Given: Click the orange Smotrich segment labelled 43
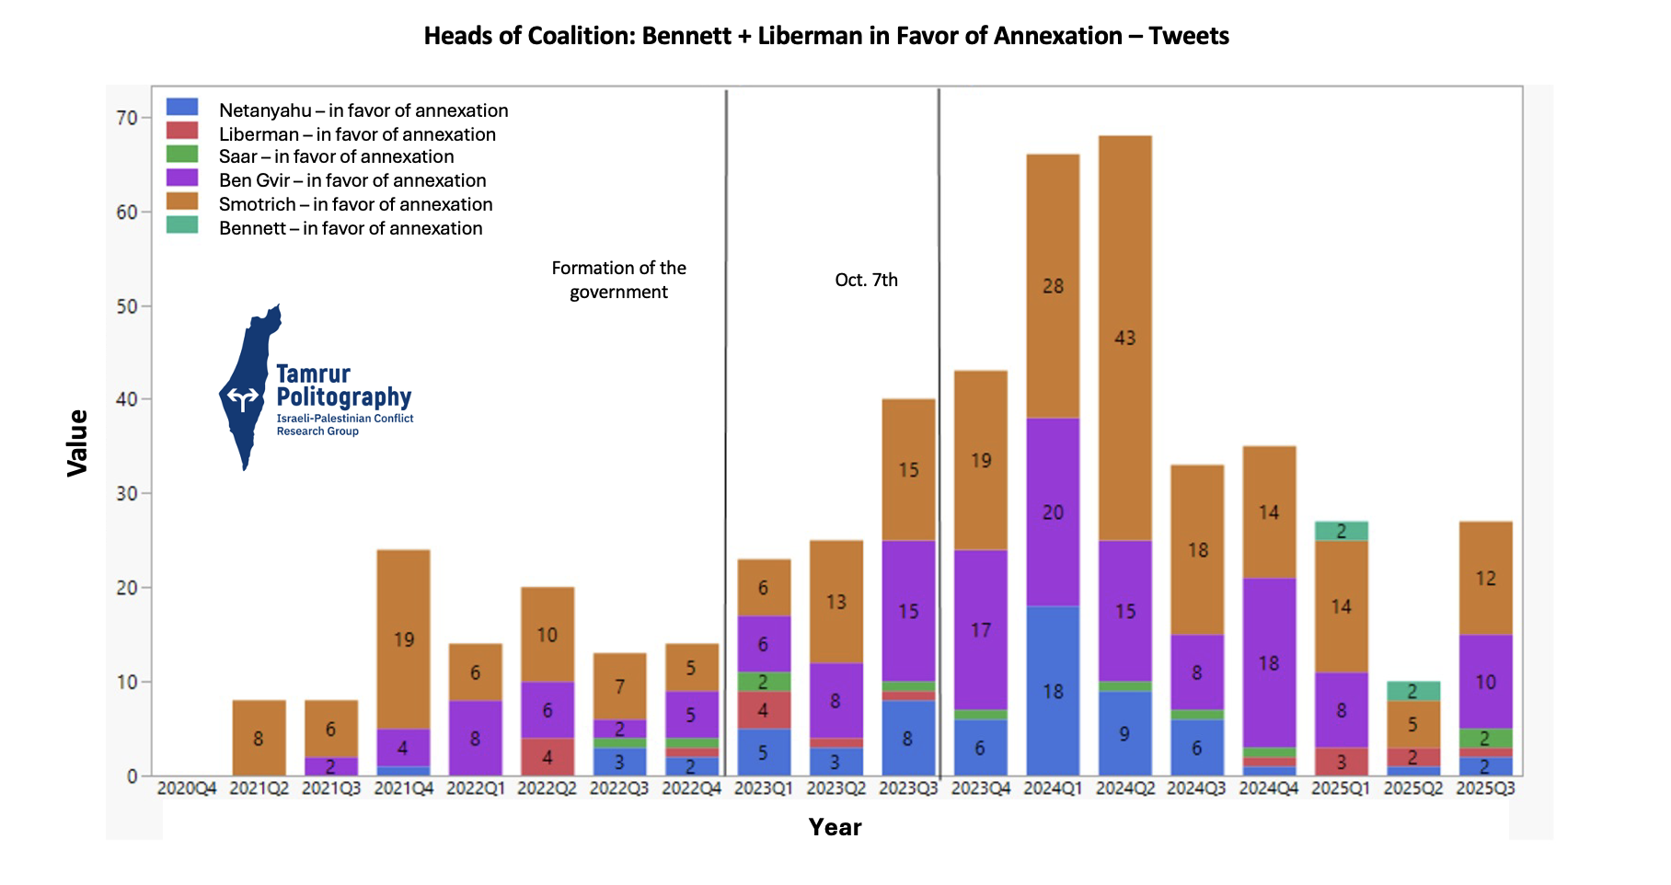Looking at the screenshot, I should (x=1124, y=338).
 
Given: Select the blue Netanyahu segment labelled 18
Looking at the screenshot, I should (x=1053, y=690).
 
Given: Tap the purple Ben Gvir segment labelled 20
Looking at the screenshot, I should (x=1053, y=511).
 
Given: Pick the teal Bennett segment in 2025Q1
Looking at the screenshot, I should (x=1341, y=531).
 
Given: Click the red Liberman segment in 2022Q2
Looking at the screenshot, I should (x=547, y=757).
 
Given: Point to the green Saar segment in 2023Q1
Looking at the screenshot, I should (x=763, y=682).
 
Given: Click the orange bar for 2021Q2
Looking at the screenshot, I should (x=259, y=738).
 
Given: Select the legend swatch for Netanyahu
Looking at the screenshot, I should (x=182, y=108).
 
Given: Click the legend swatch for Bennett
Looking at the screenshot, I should (x=182, y=225).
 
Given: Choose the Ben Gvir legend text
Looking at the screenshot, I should (x=352, y=180).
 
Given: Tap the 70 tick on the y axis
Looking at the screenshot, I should (x=126, y=118).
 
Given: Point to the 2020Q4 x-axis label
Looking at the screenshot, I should (x=187, y=788).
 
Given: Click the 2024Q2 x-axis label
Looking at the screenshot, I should (x=1124, y=788).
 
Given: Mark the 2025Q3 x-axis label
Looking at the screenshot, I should (x=1485, y=788).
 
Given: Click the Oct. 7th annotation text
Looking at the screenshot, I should (x=866, y=280).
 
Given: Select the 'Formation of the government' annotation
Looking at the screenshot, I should (x=618, y=280).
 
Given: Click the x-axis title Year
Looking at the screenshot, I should (x=835, y=827).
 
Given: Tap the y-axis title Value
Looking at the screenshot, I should (x=77, y=442).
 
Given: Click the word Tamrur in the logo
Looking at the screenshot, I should (x=313, y=374).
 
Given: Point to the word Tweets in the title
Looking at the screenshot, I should (x=1188, y=36).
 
